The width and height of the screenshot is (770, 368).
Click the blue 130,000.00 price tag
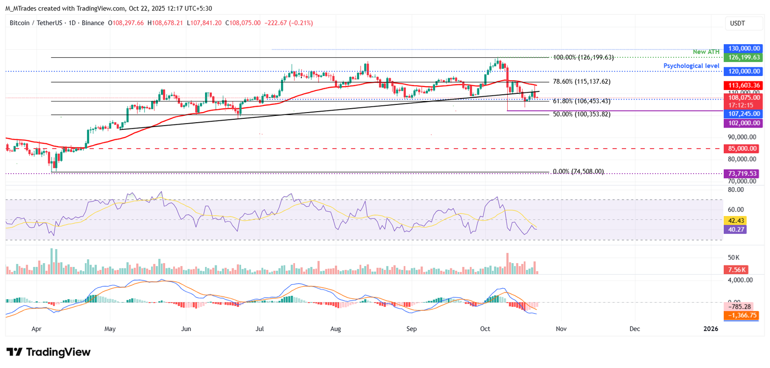click(744, 49)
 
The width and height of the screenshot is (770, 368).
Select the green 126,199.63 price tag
click(744, 57)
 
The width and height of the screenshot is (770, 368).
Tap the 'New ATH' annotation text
click(706, 52)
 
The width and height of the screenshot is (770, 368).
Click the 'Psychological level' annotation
click(691, 66)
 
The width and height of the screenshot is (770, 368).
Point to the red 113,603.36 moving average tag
click(744, 86)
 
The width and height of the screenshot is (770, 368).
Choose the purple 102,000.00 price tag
click(744, 123)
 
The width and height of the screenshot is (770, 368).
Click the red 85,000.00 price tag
click(742, 149)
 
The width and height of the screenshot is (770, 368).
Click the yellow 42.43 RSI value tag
click(736, 221)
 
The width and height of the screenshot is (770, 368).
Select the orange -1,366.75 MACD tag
click(742, 316)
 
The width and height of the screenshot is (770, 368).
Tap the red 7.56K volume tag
click(736, 270)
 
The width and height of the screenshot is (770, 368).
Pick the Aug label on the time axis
click(335, 329)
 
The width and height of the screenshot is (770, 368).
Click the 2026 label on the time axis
click(710, 329)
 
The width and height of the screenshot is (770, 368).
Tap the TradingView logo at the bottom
click(48, 352)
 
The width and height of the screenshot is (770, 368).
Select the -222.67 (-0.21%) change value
click(289, 23)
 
